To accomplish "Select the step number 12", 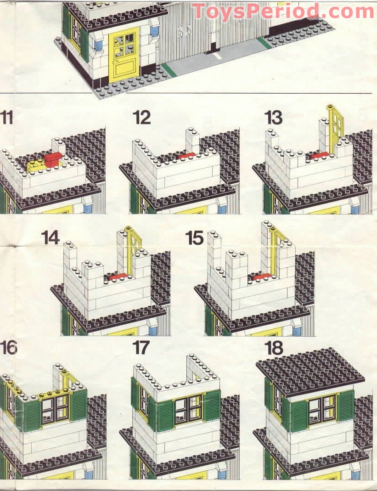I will click(142, 118).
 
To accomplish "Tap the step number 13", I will click(273, 118).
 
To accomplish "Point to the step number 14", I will click(50, 237).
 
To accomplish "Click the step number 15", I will click(195, 237).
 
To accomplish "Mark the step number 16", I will click(8, 348).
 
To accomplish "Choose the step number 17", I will click(141, 348).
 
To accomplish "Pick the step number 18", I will click(274, 348).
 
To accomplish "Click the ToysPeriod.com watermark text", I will click(283, 11).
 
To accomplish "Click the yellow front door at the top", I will click(124, 55).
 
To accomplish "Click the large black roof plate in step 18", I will click(310, 372).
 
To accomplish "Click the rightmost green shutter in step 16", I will click(79, 404).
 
